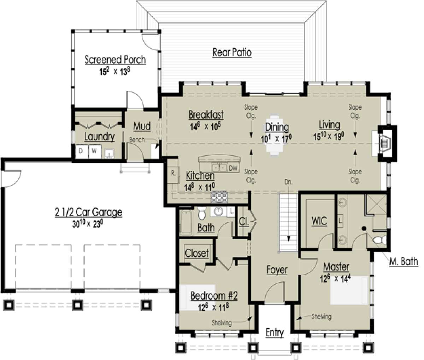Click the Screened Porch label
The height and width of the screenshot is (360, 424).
115,60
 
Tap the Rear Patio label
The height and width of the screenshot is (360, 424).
232,53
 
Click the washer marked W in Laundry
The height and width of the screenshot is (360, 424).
95,151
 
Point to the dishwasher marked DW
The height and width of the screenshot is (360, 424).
233,168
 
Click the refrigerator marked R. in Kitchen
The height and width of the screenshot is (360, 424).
173,173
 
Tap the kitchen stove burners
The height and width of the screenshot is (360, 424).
220,197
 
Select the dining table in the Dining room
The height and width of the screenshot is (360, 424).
275,136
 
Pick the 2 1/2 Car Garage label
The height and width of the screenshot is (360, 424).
88,212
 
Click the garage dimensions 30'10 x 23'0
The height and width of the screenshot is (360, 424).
87,224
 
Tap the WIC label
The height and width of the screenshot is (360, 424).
319,221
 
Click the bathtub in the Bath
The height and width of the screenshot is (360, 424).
186,222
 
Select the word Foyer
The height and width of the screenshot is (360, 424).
277,270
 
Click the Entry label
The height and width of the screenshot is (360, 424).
275,332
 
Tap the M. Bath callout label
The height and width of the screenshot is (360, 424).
404,261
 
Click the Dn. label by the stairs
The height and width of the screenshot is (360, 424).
288,182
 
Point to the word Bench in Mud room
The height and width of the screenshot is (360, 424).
137,140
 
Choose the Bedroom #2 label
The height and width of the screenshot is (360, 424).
214,296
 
